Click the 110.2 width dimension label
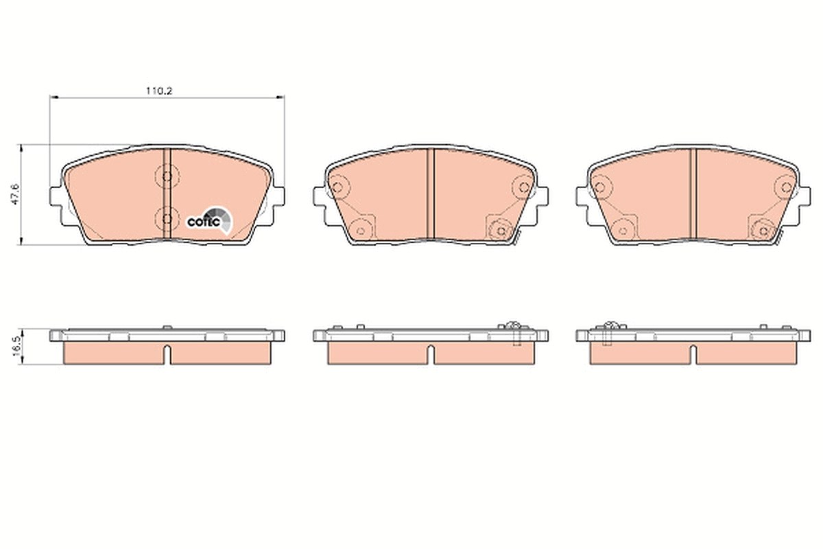159,91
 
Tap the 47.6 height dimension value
16,194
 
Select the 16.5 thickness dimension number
16,347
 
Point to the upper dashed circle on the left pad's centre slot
167,176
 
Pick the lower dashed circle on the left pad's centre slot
167,219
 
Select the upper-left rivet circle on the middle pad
337,187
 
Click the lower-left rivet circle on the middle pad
361,231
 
